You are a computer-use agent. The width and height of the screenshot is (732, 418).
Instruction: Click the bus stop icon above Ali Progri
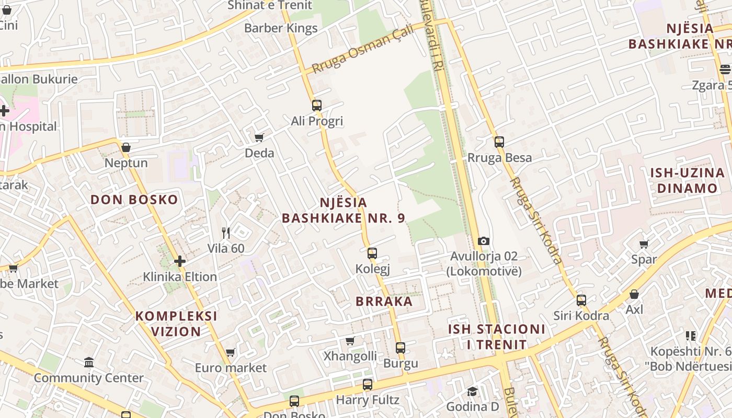[x=316, y=105]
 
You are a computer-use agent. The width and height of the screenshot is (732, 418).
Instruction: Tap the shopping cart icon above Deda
[x=259, y=137]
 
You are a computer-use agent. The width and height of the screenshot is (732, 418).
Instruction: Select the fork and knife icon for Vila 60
[x=226, y=233]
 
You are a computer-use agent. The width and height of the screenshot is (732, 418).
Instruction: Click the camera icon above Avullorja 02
[x=484, y=241]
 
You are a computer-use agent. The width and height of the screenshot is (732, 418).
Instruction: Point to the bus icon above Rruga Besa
[x=499, y=142]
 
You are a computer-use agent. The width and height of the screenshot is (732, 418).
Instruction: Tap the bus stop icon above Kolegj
[x=372, y=253]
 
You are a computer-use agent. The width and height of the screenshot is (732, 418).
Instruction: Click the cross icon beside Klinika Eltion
[x=180, y=261]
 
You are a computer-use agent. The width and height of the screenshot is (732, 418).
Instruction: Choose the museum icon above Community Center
[x=89, y=362]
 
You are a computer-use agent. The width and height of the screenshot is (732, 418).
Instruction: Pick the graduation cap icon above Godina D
[x=472, y=391]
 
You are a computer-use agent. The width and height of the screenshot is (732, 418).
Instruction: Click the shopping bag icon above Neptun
[x=126, y=147]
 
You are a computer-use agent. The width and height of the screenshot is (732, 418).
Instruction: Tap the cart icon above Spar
[x=644, y=244]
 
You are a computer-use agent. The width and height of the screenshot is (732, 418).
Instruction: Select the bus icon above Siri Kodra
[x=581, y=300]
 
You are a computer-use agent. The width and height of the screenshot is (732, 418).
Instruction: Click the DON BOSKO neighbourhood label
[x=134, y=200]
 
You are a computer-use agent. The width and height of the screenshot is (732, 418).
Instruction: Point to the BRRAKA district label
[x=384, y=301]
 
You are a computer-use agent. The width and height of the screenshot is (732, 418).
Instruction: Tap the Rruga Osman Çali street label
[x=362, y=49]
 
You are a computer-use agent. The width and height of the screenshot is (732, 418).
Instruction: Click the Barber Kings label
[x=281, y=28]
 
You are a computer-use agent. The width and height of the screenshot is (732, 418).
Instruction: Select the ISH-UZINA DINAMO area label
[x=687, y=181]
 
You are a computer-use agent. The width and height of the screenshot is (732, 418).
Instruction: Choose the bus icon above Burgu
[x=401, y=347]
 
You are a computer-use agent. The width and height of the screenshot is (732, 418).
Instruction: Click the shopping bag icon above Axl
[x=634, y=294]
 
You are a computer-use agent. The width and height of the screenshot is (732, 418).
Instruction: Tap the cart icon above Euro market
[x=231, y=352]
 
